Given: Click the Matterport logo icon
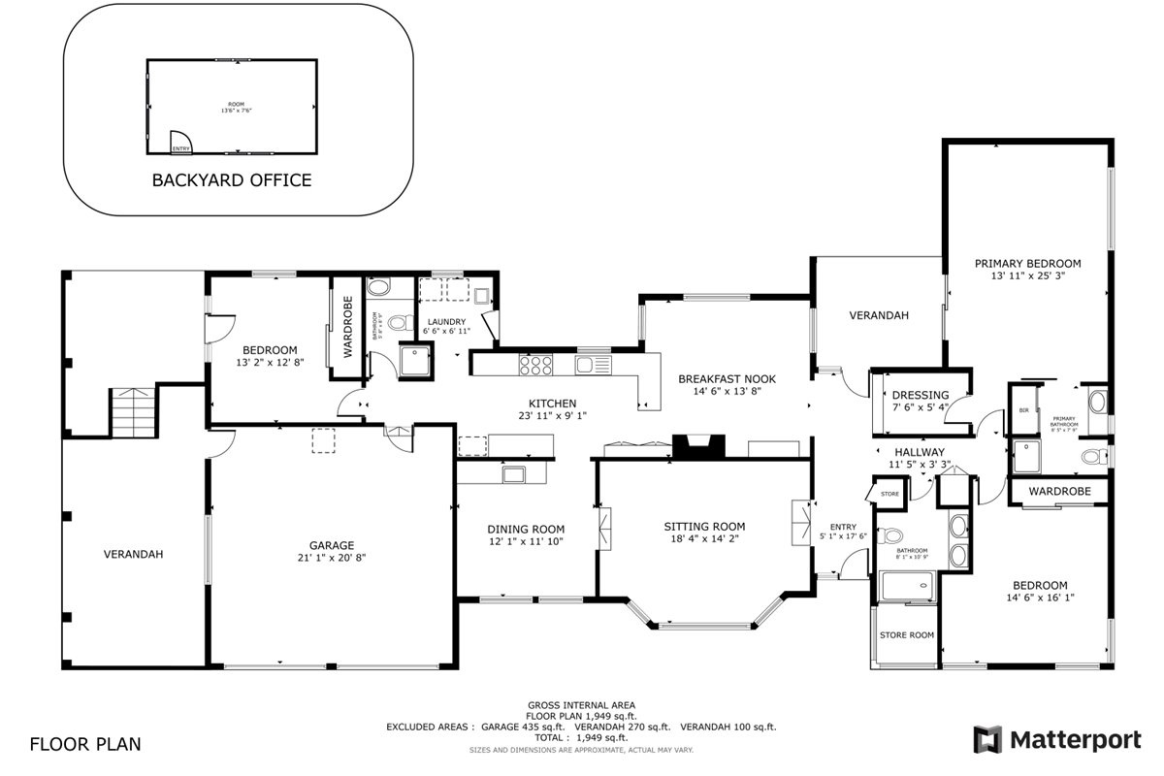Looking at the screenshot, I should point(987,740).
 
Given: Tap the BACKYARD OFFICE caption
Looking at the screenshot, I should point(232,179).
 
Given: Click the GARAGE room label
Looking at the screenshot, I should point(332,545).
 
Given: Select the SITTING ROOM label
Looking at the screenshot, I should point(704,527).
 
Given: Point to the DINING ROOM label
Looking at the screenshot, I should point(526,529).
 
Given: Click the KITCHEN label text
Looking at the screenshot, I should point(552,404).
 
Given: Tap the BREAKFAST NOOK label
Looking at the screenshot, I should point(727,378).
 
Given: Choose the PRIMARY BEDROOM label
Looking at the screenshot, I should point(1027,263).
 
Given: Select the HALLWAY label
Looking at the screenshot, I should point(919,452).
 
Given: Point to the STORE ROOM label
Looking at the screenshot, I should point(906,635).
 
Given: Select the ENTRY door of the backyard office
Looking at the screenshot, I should point(180,144).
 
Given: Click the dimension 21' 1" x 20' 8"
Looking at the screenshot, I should point(332,558).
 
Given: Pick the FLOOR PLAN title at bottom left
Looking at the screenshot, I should point(85,745).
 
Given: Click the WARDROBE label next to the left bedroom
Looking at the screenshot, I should point(346,323).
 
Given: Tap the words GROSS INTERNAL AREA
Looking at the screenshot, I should point(581,705).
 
